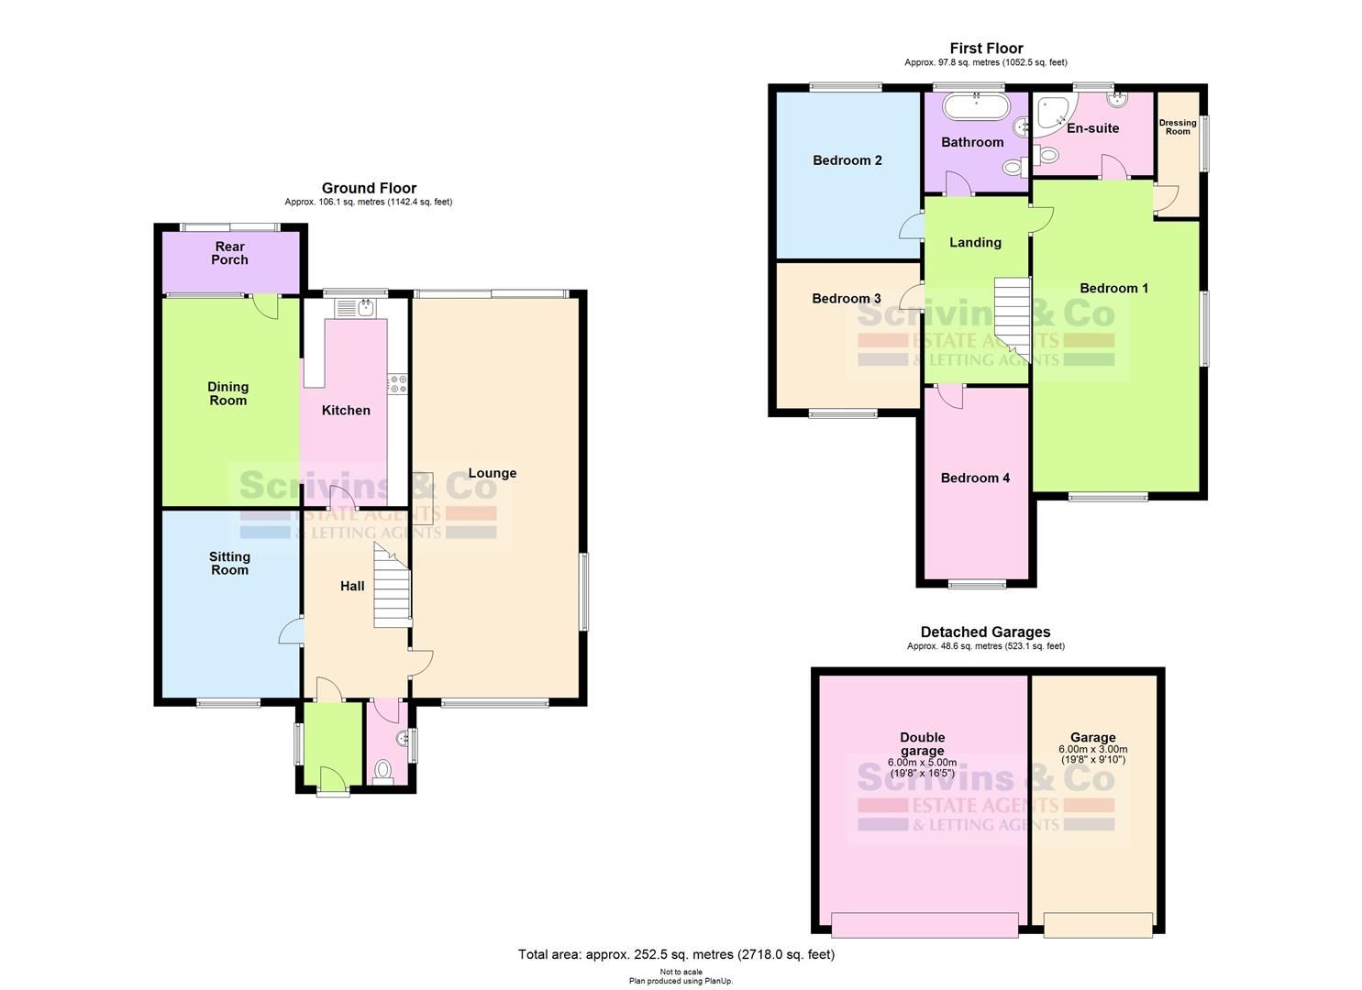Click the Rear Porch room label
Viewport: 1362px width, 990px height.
tap(229, 253)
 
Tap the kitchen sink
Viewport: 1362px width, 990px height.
tap(367, 307)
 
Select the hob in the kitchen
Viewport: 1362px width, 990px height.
tap(398, 384)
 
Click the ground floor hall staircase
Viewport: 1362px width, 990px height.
tap(391, 587)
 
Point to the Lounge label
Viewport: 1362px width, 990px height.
tap(493, 473)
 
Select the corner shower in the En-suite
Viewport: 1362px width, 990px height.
tap(1050, 112)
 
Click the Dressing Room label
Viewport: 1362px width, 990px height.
tap(1178, 127)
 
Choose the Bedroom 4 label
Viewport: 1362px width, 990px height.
tap(975, 478)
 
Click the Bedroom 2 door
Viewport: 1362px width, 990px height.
tap(912, 225)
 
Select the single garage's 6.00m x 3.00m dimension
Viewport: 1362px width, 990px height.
tap(1092, 749)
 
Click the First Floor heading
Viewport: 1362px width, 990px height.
tap(986, 49)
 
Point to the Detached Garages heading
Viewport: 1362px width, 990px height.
tap(985, 632)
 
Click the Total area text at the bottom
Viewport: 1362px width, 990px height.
tap(676, 954)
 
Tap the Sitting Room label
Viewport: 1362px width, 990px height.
tap(229, 563)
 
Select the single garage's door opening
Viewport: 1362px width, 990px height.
tap(1098, 925)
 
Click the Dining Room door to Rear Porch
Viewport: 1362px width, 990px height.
tap(266, 305)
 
